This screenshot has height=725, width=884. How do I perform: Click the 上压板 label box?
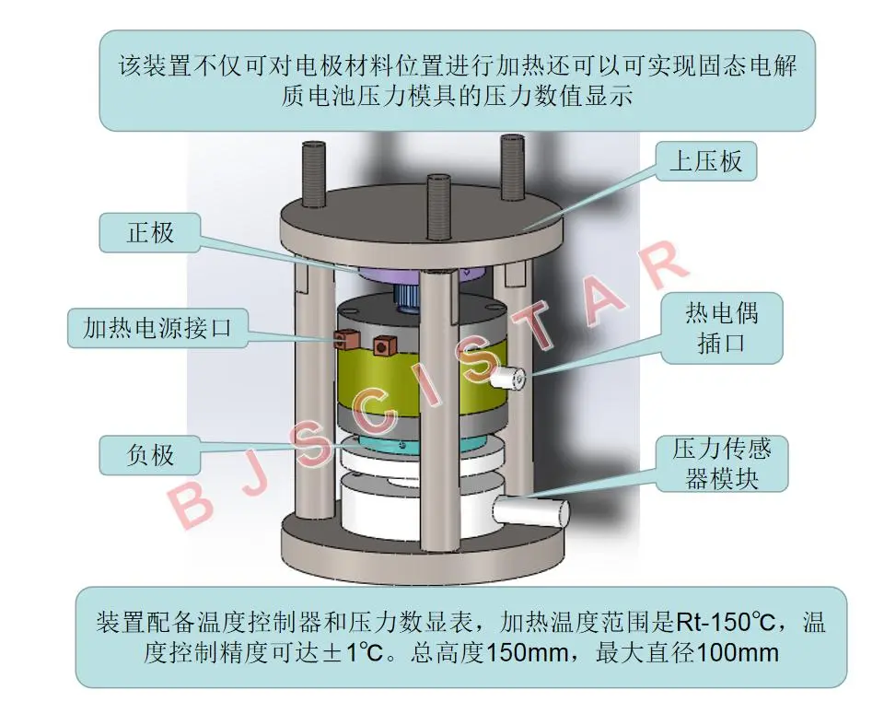coord(706,163)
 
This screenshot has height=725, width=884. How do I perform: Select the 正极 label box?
coord(150,231)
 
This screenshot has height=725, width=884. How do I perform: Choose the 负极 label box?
coord(150,453)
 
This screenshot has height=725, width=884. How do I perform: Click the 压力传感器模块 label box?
coord(722,463)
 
